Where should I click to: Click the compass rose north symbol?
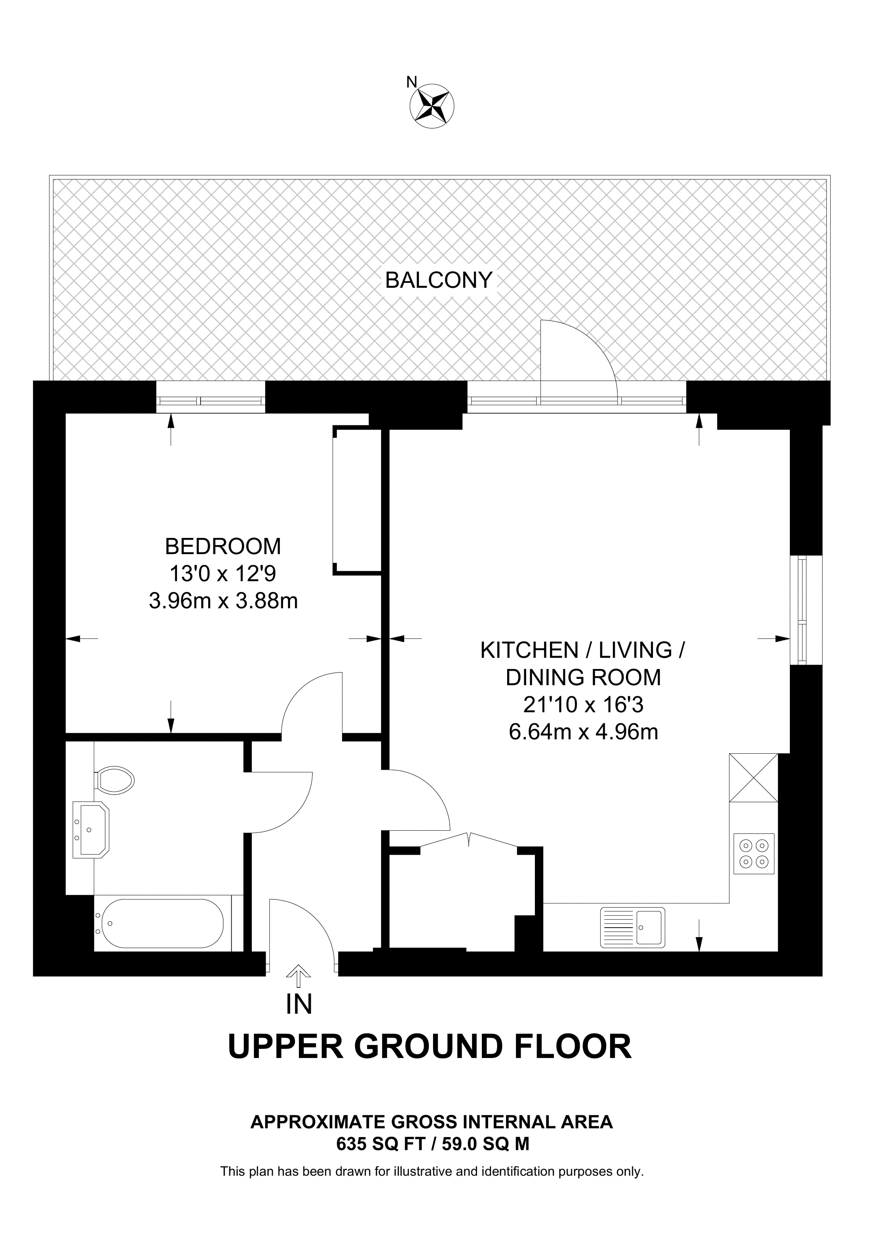tap(432, 106)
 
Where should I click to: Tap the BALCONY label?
tap(438, 280)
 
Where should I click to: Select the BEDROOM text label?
tap(223, 546)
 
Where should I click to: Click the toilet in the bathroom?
tap(114, 780)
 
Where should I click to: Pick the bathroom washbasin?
tap(91, 830)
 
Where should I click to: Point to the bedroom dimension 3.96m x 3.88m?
tap(223, 601)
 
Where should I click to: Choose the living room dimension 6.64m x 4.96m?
tap(583, 732)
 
